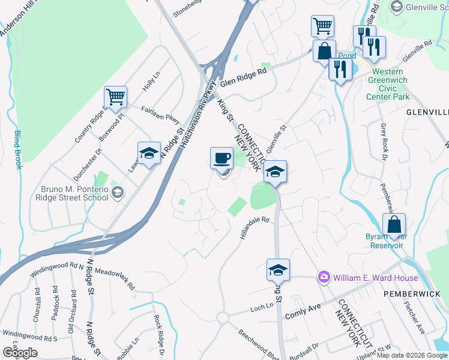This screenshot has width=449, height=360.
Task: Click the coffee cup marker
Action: click(x=221, y=158)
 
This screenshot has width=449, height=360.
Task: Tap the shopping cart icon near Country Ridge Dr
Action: click(x=115, y=97)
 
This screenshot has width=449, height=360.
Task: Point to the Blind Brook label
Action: click(x=18, y=149)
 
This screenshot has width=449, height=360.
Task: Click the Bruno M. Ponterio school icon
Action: click(x=118, y=193)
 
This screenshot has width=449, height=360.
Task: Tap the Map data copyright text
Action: click(x=412, y=355)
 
